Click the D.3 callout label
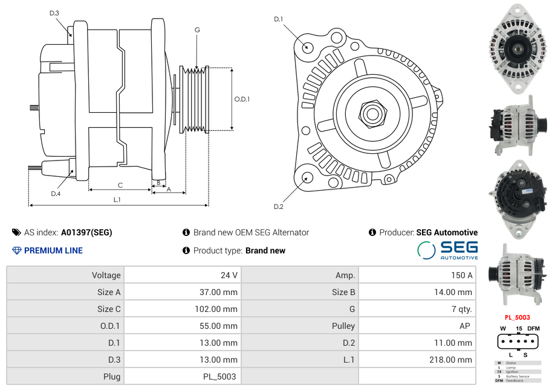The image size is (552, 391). click(54, 13)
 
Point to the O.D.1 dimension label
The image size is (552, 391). click(242, 99)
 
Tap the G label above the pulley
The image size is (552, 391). click(197, 30)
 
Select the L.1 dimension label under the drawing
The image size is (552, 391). click(117, 199)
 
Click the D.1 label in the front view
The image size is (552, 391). click(279, 19)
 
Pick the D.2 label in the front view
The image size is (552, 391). click(279, 207)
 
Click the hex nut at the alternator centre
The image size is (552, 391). click(372, 113)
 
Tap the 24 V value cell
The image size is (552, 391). click(229, 275)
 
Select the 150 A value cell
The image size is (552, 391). click(462, 275)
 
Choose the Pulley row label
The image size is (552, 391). click(343, 326)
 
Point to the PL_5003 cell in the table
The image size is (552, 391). click(220, 377)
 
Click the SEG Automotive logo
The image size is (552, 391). click(448, 250)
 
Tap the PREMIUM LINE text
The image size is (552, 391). click(53, 250)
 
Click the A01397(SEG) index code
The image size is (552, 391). click(86, 232)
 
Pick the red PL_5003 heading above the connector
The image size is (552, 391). click(517, 317)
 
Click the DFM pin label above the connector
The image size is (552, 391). click(533, 328)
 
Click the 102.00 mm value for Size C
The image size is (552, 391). click(219, 309)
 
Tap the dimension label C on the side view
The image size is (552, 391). click(120, 185)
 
